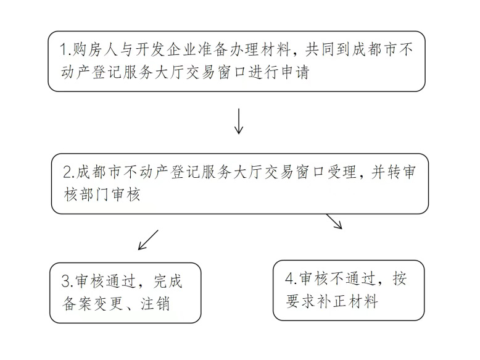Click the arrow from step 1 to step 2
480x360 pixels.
[239, 122]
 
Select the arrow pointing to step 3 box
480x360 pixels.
[148, 240]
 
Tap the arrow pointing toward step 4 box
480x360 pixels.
[334, 222]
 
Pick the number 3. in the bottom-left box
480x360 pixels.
[68, 282]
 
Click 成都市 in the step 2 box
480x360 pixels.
[97, 172]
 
